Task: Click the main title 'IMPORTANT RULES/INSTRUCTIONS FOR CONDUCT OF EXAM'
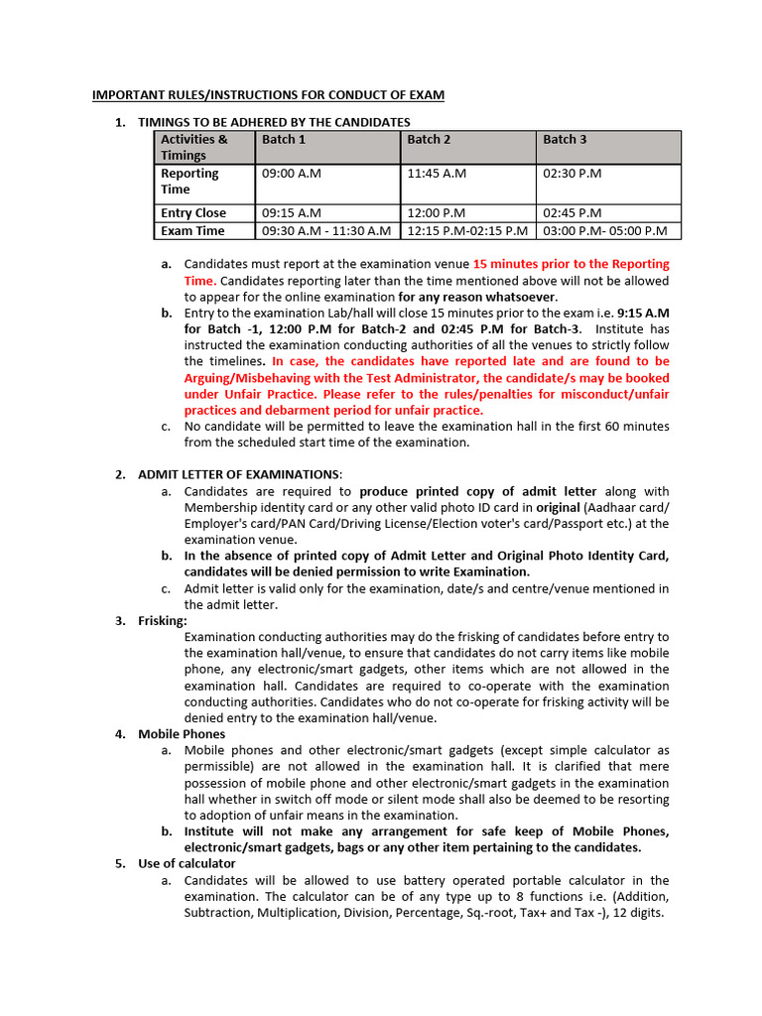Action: pos(268,95)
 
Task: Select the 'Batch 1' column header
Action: pos(284,140)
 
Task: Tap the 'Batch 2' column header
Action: pos(429,140)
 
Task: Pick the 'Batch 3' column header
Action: pos(565,140)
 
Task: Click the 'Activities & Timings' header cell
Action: pos(194,147)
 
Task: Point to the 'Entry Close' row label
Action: pos(193,213)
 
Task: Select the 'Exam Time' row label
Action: pos(192,231)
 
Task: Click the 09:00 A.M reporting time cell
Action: pos(292,174)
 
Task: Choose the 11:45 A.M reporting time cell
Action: pos(437,174)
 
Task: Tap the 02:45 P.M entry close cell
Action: pos(572,213)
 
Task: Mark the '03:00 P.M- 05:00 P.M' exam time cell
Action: pos(605,231)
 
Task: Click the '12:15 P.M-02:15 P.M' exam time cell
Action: pos(467,231)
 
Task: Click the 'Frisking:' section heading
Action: pos(163,620)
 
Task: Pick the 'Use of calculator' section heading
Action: pos(187,863)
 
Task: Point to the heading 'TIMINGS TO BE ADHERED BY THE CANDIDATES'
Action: pos(274,122)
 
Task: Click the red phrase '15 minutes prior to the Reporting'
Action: pos(571,264)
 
